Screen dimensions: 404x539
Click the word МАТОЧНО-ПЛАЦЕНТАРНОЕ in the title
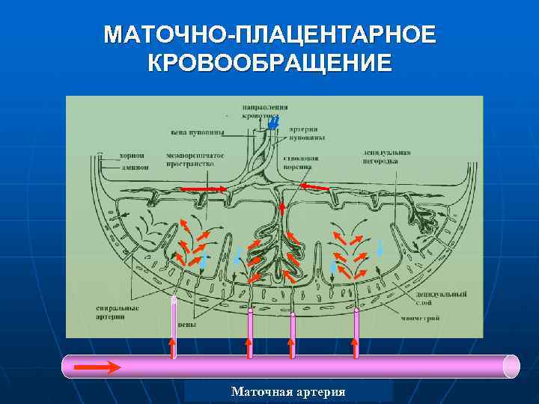pyautogui.click(x=269, y=35)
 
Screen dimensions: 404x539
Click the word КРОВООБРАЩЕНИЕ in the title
pyautogui.click(x=269, y=62)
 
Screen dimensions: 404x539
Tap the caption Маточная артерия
pyautogui.click(x=288, y=391)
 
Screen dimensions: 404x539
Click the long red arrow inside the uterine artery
pyautogui.click(x=97, y=367)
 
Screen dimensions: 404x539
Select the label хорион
pyautogui.click(x=131, y=156)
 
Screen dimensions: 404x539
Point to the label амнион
pyautogui.click(x=133, y=167)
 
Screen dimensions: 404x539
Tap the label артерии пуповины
pyautogui.click(x=306, y=133)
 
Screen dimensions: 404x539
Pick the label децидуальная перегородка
pyautogui.click(x=385, y=156)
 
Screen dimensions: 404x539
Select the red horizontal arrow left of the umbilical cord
pyautogui.click(x=213, y=188)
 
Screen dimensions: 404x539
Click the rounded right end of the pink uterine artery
pyautogui.click(x=511, y=366)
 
